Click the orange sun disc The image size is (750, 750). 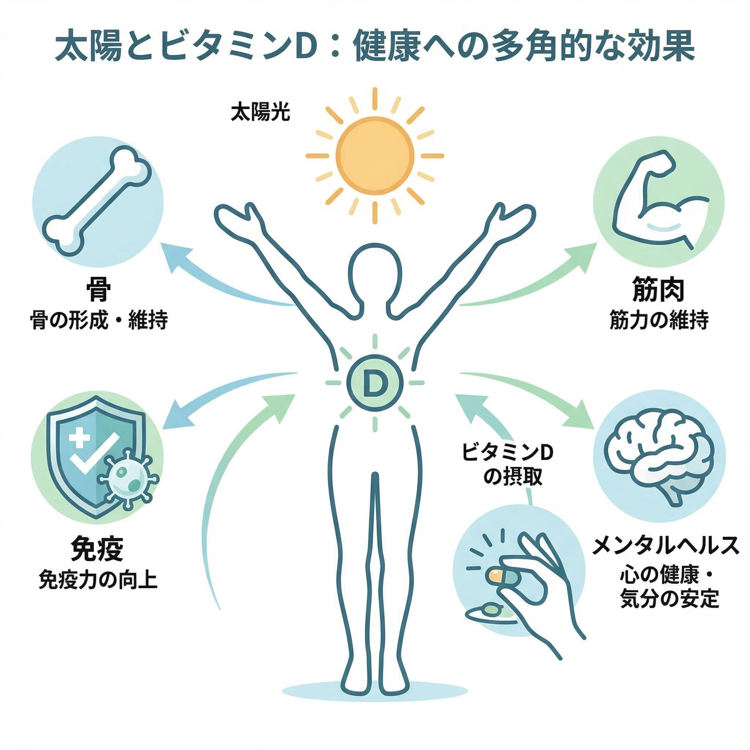374,156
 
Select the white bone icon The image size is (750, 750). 97,201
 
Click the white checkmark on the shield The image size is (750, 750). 96,452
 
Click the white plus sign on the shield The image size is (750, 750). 79,433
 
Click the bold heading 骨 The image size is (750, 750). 97,290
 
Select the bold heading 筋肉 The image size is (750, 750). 659,290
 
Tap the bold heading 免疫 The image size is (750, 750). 97,549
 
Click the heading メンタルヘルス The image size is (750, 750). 665,546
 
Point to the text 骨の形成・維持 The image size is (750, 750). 99,321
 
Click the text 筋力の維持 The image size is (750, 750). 659,321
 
